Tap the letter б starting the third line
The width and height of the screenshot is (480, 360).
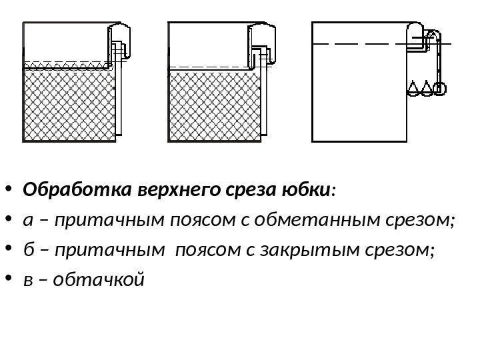coord(27,250)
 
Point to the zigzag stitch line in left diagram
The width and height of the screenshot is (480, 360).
coord(67,65)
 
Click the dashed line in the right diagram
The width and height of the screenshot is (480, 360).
coord(360,43)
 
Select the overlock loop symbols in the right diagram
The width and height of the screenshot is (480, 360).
coord(426,88)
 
